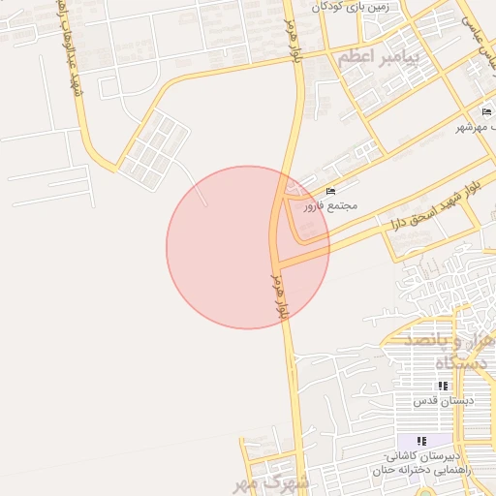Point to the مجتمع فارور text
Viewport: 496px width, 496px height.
pyautogui.click(x=330, y=205)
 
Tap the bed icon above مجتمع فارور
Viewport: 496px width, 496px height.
pyautogui.click(x=332, y=191)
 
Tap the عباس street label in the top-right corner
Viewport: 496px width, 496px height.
pyautogui.click(x=479, y=29)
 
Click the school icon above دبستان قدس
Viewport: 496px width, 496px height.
pyautogui.click(x=443, y=386)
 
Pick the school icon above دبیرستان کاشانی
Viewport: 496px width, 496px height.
pyautogui.click(x=421, y=441)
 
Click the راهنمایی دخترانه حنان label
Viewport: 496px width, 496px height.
pyautogui.click(x=427, y=469)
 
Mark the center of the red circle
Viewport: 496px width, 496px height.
pyautogui.click(x=248, y=247)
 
